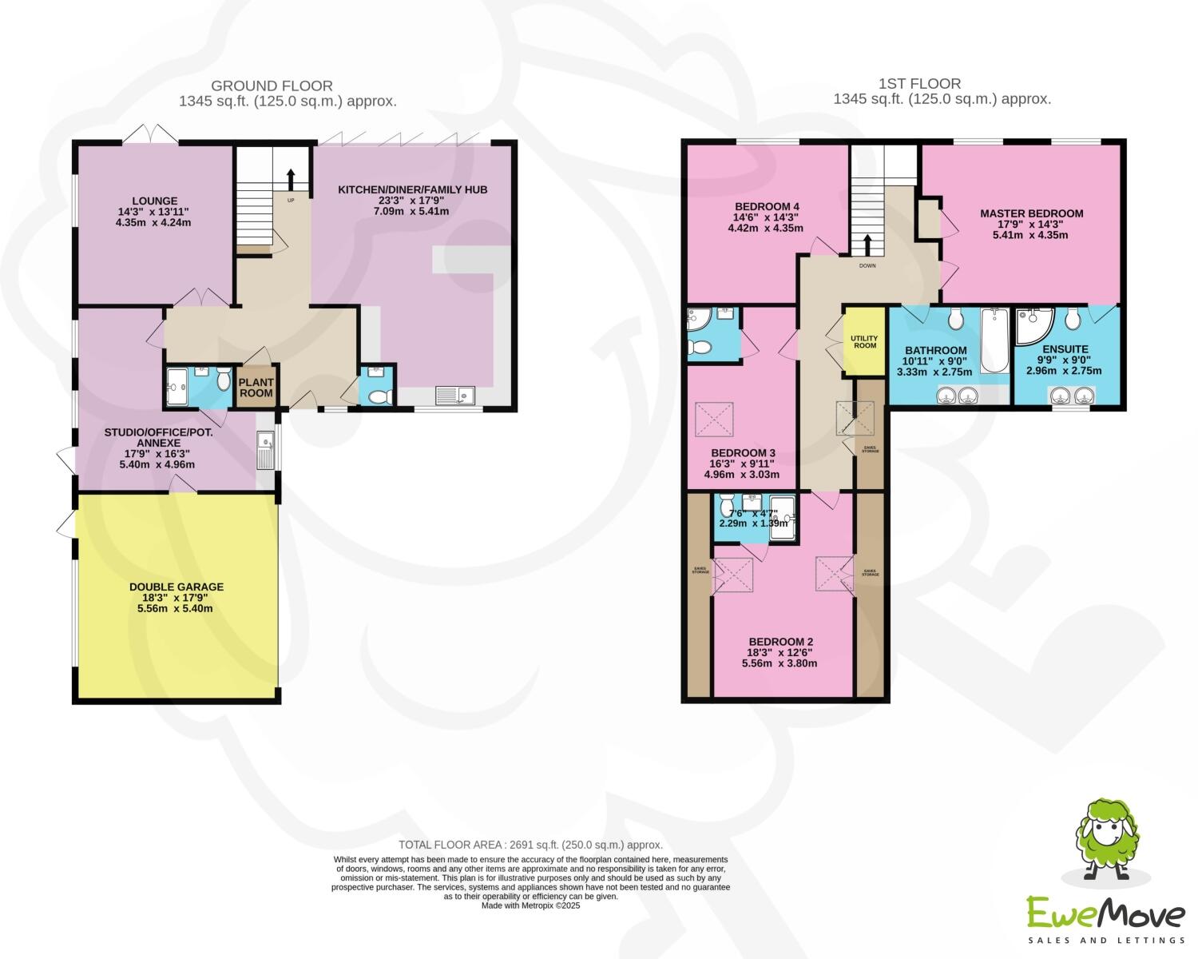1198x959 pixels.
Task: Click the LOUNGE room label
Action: pos(155,201)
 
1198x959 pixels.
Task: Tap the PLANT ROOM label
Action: pos(256,388)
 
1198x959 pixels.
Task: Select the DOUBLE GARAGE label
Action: pos(177,587)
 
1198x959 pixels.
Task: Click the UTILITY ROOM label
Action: pos(864,340)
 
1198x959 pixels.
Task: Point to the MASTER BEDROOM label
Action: pos(1031,213)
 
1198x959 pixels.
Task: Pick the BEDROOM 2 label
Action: pos(780,642)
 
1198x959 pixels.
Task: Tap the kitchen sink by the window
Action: pos(454,395)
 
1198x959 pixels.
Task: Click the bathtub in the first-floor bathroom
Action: pos(994,342)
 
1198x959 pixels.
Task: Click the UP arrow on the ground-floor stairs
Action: pos(290,177)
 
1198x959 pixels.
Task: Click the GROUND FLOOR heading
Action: pos(272,86)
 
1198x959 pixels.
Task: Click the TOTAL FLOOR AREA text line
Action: pos(530,845)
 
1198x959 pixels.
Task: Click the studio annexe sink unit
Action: pos(266,451)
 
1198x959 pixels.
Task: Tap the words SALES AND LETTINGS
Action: pos(1105,940)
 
